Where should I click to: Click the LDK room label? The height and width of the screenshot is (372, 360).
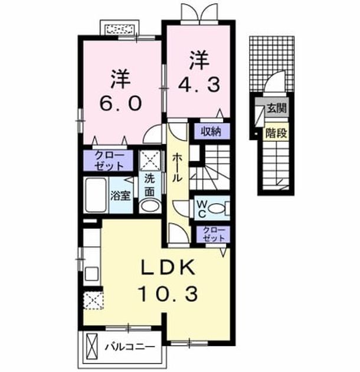(168, 268)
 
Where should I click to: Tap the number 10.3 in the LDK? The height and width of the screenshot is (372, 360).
(169, 293)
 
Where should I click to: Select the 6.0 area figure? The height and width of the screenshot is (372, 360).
(120, 103)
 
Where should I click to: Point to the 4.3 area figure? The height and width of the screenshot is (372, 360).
(199, 84)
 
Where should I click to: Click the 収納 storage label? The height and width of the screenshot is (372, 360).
(211, 131)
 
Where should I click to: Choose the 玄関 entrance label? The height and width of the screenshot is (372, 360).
(277, 108)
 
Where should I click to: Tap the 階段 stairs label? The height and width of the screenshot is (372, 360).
(277, 133)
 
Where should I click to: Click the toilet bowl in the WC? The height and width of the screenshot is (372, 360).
(217, 208)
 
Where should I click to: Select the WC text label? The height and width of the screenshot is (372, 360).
(202, 208)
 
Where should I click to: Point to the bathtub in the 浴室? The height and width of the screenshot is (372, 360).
(96, 195)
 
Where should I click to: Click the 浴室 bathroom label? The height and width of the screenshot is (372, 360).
(121, 195)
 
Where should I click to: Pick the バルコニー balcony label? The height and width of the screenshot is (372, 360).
(130, 347)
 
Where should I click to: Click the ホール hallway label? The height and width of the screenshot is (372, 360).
(177, 168)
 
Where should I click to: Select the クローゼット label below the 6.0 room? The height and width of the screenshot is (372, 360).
(109, 161)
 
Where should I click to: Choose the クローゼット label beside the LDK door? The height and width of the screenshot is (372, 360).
(214, 234)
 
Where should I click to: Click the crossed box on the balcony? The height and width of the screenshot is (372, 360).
(92, 347)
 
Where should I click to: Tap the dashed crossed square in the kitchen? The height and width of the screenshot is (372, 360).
(94, 301)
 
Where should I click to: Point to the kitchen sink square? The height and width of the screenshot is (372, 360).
(92, 274)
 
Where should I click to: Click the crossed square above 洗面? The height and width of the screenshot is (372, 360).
(150, 161)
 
